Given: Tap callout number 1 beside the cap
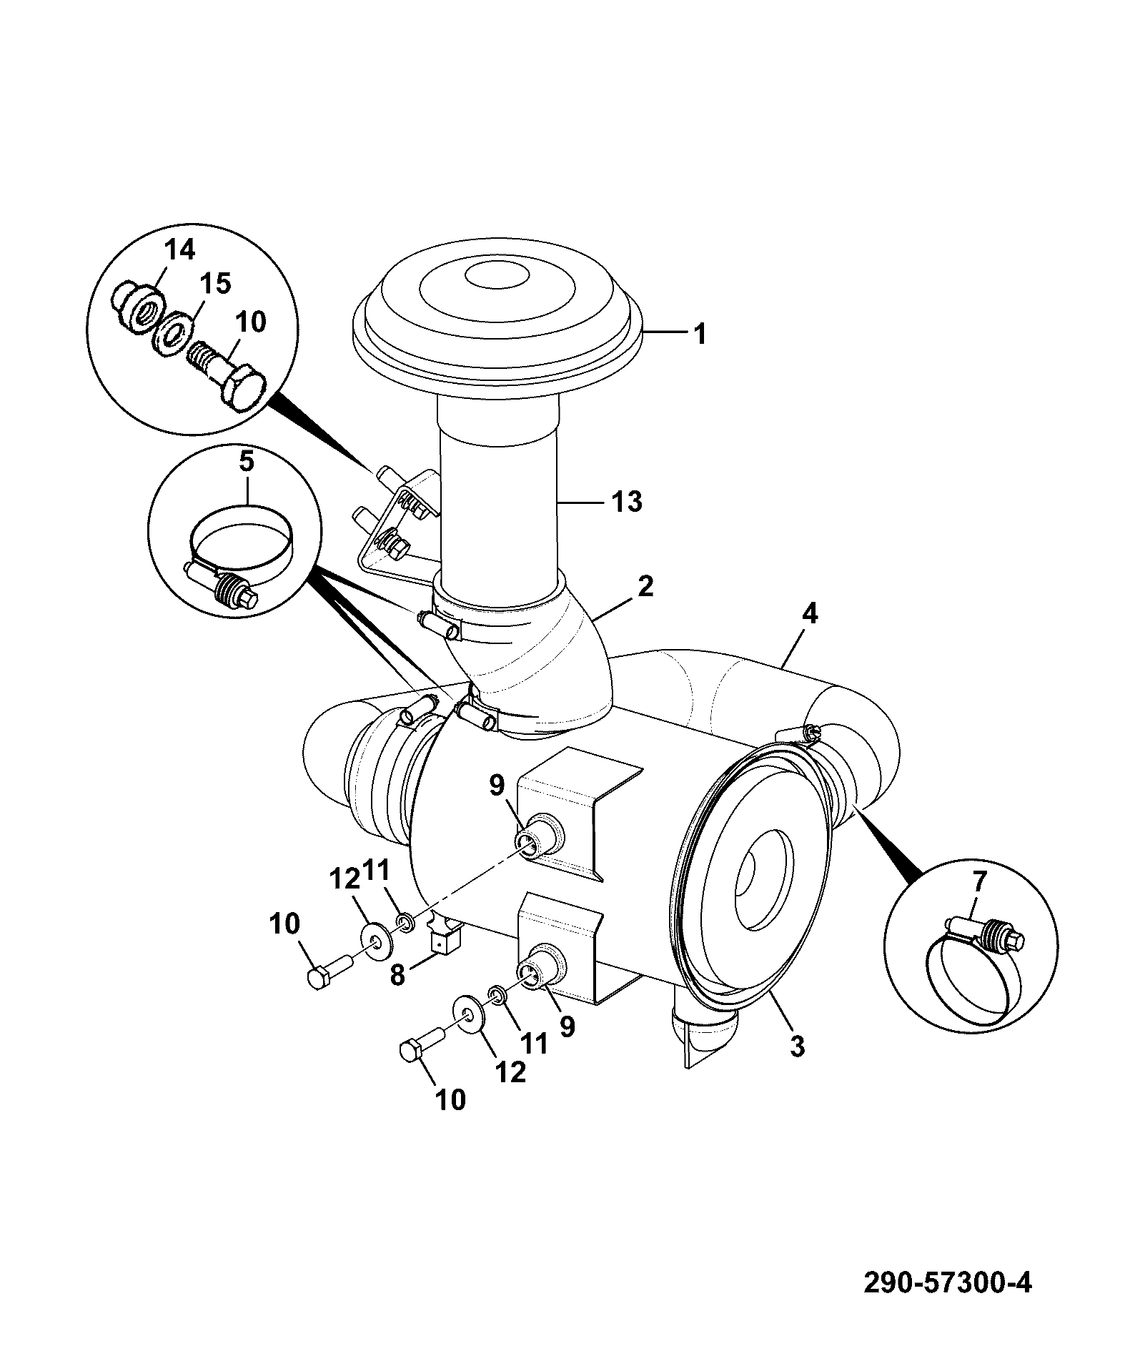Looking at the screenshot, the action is click(700, 334).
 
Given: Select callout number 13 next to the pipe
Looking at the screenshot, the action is click(626, 502).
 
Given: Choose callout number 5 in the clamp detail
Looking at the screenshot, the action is click(245, 462).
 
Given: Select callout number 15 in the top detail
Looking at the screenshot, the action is click(216, 284).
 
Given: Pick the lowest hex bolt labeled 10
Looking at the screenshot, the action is click(421, 1046).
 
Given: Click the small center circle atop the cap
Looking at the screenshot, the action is click(496, 274).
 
